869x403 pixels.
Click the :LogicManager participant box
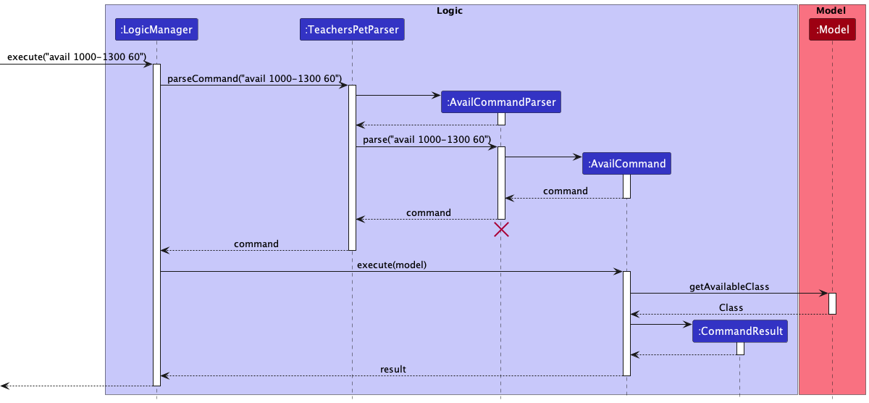[156, 30]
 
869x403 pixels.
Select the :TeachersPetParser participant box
[352, 30]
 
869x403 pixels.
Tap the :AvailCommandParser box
[501, 102]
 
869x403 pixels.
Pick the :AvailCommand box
[626, 164]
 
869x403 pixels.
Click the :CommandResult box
[739, 332]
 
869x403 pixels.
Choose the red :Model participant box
[832, 30]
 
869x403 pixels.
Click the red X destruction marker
[501, 230]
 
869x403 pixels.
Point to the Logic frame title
[450, 11]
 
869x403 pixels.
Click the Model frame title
[831, 11]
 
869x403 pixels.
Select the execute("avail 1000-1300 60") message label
[77, 57]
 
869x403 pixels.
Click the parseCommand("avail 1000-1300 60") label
[254, 78]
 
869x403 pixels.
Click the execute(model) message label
[391, 265]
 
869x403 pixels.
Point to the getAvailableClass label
[729, 287]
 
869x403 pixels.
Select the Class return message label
[731, 307]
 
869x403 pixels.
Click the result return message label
[392, 369]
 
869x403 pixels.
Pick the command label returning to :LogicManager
[256, 244]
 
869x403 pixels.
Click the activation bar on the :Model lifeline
[832, 303]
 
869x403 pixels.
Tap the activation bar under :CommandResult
[740, 348]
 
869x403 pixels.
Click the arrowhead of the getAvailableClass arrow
[824, 294]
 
